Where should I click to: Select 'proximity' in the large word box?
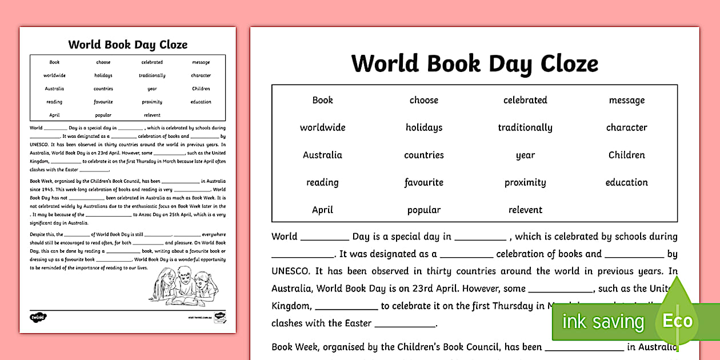tap(525, 182)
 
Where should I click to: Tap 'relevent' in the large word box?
tap(525, 210)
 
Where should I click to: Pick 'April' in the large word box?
tap(322, 210)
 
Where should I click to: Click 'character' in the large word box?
tap(626, 127)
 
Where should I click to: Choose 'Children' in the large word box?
tap(626, 155)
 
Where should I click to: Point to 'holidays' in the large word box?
tap(423, 127)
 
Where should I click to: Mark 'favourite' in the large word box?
tap(423, 182)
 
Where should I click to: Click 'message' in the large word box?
tap(626, 100)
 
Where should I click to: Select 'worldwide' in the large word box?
tap(322, 127)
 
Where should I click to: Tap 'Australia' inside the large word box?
tap(322, 155)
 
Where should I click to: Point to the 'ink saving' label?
tap(602, 322)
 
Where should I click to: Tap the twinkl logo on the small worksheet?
tap(38, 317)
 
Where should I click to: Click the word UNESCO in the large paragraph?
tap(290, 271)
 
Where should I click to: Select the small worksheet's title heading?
tap(127, 45)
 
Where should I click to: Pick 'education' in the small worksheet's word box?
tap(201, 102)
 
